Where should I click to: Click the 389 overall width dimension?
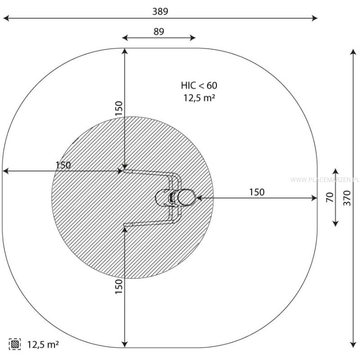click(160, 11)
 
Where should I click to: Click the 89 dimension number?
click(159, 31)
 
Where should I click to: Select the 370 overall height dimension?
click(347, 198)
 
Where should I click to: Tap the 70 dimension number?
click(329, 197)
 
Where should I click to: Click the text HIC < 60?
click(199, 85)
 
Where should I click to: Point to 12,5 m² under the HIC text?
click(199, 98)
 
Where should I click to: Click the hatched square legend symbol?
click(15, 344)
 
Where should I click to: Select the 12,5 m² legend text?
click(43, 344)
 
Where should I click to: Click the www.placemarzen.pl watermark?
click(324, 179)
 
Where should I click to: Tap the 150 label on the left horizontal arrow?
click(63, 165)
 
